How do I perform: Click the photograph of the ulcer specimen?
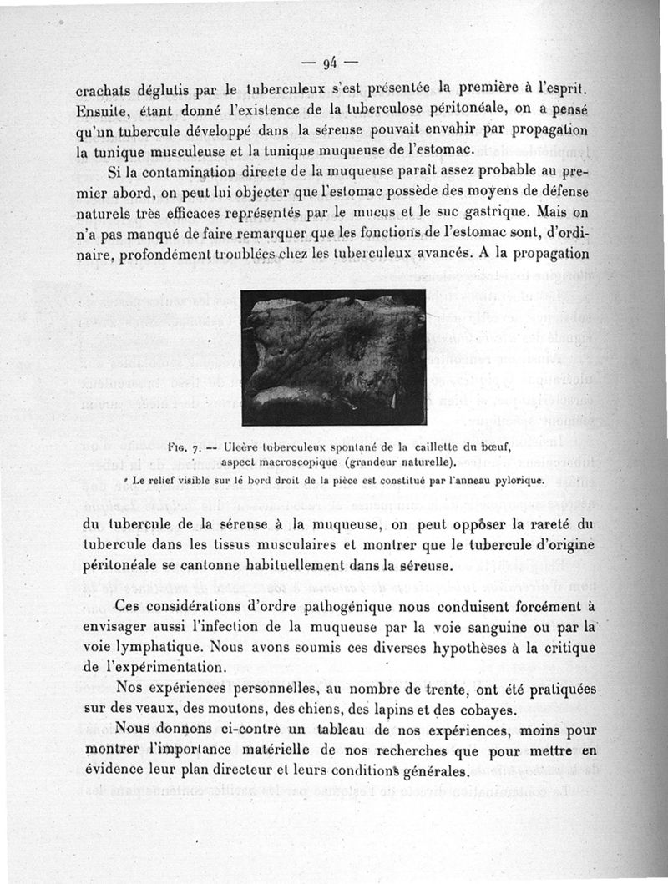pos(333,356)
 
